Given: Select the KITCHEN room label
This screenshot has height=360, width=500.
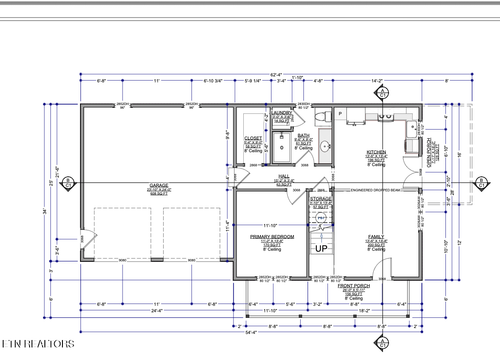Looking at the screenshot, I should coord(376,152).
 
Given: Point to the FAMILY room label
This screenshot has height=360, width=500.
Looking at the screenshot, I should coord(376,237).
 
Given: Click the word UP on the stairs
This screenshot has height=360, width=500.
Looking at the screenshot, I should coord(322,248).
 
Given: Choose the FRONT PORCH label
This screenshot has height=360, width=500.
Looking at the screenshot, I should coord(354,286).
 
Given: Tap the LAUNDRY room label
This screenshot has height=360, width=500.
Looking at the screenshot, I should coord(281,114).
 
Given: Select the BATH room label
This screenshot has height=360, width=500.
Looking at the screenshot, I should coord(303,134).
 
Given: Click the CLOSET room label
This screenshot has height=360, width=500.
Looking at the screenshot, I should coord(252,139).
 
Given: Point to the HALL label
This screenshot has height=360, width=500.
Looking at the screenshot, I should coord(284,174).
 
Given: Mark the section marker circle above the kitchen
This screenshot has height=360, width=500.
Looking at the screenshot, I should coord(382,93).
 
